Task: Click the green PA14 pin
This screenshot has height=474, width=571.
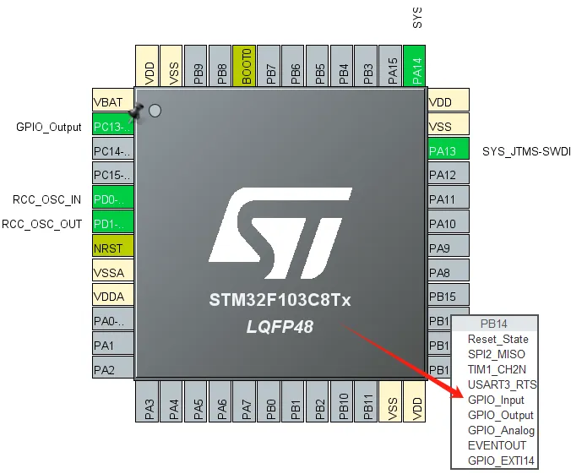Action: (416, 67)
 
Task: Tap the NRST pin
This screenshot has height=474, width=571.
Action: (112, 248)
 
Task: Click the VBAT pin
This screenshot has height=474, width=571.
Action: (112, 102)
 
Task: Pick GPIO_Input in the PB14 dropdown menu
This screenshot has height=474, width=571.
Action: (496, 400)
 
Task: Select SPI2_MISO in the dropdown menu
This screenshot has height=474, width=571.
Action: (496, 354)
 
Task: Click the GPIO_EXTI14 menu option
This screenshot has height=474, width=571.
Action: (501, 460)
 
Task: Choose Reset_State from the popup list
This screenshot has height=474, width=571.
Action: (498, 339)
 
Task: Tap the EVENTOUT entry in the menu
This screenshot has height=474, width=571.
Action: (497, 445)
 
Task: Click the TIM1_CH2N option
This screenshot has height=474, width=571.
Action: (497, 369)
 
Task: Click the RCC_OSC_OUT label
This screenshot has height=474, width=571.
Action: (41, 224)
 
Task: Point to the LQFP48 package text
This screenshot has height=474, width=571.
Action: (280, 326)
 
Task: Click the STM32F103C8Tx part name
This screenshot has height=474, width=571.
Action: (280, 300)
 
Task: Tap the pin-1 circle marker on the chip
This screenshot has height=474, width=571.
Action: (155, 111)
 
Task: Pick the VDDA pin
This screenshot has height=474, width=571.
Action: (112, 297)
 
